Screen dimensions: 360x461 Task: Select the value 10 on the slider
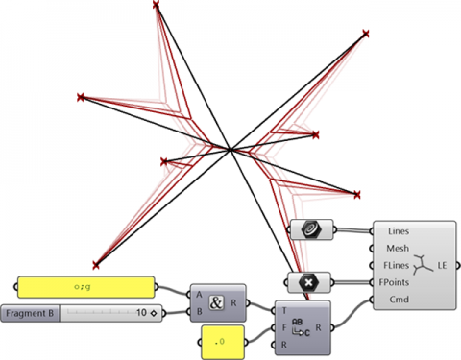click(140, 313)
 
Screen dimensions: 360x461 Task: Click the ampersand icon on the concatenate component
click(216, 301)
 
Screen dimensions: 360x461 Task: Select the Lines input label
click(399, 231)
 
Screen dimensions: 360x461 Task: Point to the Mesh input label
click(399, 249)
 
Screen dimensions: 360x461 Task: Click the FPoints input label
click(400, 282)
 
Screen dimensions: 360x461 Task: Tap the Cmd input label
click(399, 300)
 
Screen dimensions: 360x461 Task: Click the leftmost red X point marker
click(81, 97)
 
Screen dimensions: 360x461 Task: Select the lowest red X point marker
click(95, 264)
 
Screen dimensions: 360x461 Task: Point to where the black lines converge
click(230, 149)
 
